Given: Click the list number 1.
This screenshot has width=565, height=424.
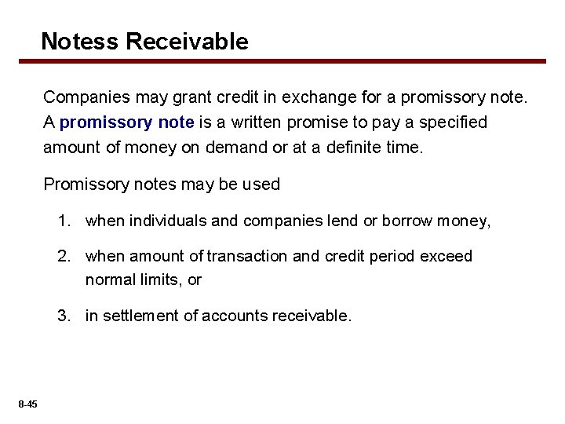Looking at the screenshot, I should tap(62, 221).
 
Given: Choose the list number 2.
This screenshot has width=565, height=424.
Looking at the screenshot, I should tap(62, 256).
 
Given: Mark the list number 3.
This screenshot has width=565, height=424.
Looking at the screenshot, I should tap(62, 316).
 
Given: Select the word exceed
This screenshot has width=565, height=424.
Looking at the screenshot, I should tap(447, 256).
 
